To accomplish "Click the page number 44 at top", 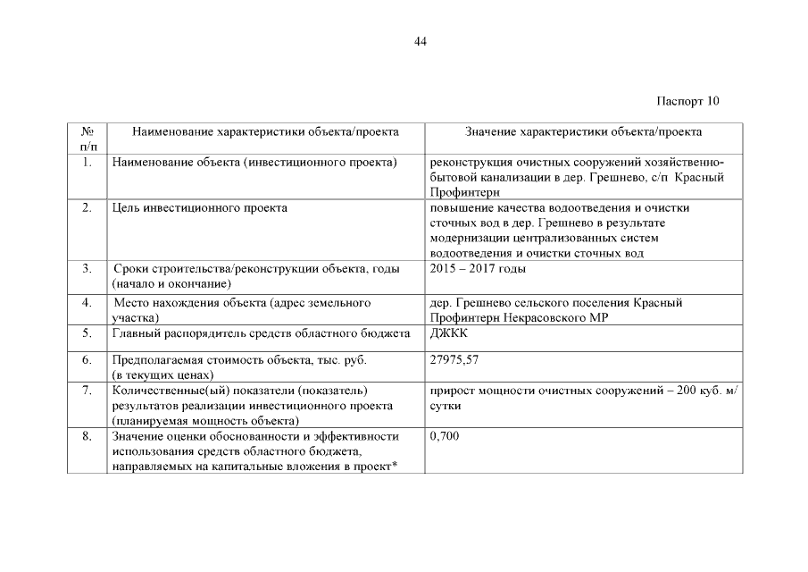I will [x=421, y=42].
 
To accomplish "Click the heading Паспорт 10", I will [x=687, y=100].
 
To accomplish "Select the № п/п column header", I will [x=87, y=139].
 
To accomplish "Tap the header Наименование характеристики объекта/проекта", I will [x=265, y=132].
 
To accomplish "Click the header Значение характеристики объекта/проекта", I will [x=583, y=132].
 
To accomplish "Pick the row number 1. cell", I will [x=87, y=163].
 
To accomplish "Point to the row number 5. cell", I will [x=87, y=333].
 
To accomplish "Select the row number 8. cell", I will [x=87, y=436].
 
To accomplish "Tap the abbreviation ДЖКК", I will [x=447, y=333].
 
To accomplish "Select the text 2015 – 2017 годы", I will [x=478, y=268].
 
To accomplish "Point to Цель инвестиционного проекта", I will [x=200, y=208].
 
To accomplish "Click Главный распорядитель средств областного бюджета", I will [x=261, y=333].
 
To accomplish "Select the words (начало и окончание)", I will [x=168, y=282].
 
